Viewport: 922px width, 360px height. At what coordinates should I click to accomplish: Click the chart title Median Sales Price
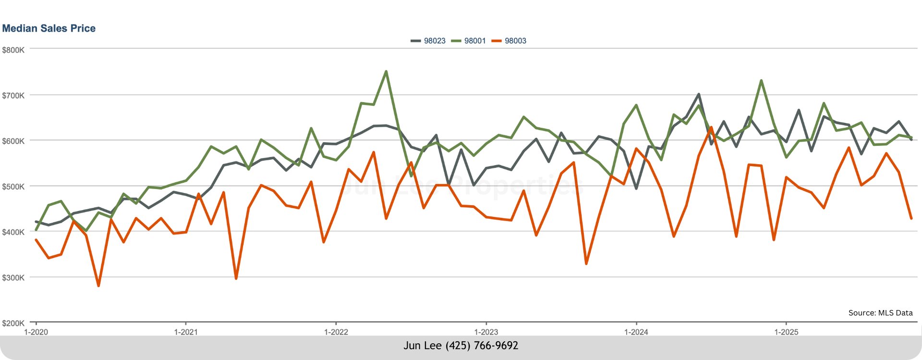tap(49, 28)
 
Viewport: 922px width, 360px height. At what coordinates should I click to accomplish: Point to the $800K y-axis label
tap(13, 50)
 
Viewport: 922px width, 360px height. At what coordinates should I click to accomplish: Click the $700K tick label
tap(13, 96)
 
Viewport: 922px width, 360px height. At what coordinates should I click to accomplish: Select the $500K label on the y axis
tap(13, 187)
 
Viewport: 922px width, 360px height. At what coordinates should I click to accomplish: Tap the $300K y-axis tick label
tap(13, 277)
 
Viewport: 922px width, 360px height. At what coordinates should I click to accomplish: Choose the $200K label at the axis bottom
tap(13, 323)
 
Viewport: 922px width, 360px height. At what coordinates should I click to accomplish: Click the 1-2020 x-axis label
tap(36, 332)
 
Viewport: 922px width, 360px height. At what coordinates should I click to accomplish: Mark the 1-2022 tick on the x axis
tap(336, 332)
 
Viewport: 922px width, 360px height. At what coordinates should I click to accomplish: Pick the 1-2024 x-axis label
tap(636, 332)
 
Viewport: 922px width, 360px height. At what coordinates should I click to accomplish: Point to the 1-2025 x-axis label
tap(786, 332)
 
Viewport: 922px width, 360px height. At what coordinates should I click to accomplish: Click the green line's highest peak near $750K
tap(386, 72)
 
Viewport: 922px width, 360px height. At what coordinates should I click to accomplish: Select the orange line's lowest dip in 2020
tap(98, 286)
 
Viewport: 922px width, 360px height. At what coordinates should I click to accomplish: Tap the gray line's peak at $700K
tap(699, 94)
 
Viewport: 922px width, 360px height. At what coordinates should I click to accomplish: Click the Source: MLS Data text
tap(880, 312)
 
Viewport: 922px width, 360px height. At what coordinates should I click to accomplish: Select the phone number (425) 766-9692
tap(482, 346)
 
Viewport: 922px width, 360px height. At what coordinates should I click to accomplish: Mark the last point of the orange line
tap(911, 218)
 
